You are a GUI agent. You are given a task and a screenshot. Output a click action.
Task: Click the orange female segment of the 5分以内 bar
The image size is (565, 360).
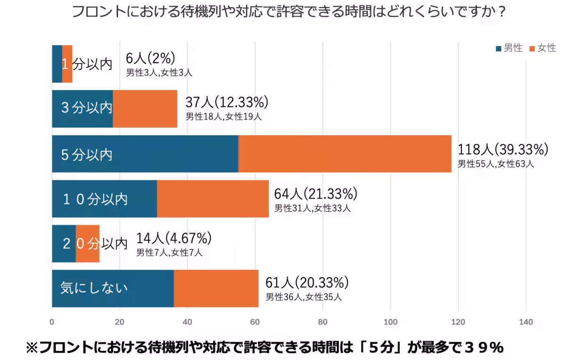point(345,154)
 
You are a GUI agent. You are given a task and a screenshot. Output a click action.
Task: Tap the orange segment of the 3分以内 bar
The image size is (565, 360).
point(145,109)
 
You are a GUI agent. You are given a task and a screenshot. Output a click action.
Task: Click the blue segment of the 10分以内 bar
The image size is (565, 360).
point(105,199)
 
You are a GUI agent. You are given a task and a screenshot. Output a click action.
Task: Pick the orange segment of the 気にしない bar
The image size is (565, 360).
point(216,288)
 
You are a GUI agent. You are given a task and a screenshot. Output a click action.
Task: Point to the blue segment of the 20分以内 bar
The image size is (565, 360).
point(64,244)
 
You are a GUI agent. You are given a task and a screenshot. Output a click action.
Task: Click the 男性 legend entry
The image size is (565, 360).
point(509,48)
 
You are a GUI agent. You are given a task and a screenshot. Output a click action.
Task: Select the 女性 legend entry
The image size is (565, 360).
point(543,48)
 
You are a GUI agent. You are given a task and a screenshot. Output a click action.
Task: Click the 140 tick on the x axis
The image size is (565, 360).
point(525,322)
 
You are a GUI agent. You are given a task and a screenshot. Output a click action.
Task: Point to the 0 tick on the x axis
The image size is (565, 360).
point(52,322)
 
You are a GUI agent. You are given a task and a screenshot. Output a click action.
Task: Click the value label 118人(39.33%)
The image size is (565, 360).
point(503,150)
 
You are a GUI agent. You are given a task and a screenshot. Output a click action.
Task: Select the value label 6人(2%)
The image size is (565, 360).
point(151,58)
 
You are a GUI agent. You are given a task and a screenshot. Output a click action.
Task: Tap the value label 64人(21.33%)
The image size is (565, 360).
point(315,194)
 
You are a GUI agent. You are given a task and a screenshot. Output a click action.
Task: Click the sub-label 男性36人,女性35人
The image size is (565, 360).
point(304,297)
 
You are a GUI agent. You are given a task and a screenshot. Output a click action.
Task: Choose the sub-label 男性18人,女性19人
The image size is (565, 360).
point(224,117)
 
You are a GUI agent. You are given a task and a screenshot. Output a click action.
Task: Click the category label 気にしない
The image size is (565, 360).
point(94,288)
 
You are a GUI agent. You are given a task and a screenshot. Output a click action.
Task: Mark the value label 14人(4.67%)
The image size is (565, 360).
point(174,238)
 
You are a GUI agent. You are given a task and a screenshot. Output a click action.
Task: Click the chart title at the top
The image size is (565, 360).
point(289,12)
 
